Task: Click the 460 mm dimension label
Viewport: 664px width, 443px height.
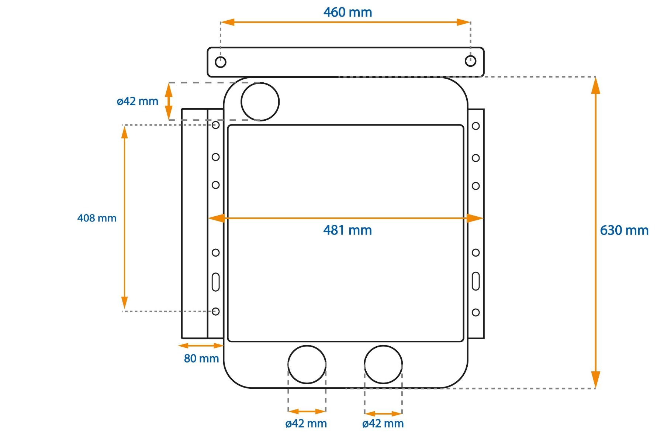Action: tap(347, 12)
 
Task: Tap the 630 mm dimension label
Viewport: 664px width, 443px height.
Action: tap(624, 230)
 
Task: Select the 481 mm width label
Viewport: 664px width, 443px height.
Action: tap(347, 230)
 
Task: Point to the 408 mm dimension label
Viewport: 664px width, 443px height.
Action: tap(97, 218)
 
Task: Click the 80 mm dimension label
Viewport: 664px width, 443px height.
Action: tap(201, 358)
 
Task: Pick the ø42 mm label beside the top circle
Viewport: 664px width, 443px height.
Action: tap(137, 101)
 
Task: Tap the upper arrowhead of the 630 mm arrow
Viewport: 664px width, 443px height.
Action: tap(595, 86)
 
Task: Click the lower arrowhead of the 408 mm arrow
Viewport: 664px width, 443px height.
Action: tap(125, 302)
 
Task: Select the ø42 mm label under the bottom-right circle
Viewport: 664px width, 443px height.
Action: tap(383, 423)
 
